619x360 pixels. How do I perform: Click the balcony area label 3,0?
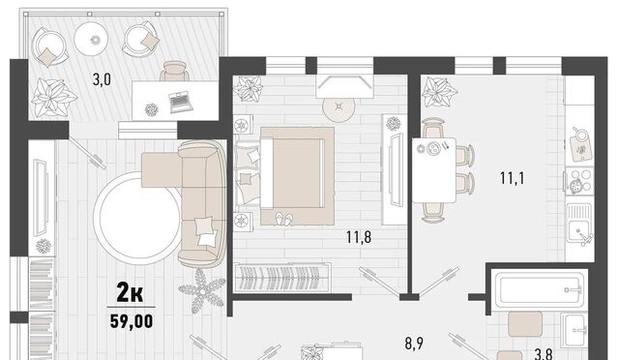[x=102, y=79]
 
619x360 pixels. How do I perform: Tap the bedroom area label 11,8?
[x=359, y=237]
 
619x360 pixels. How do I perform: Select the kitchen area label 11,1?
[x=512, y=178]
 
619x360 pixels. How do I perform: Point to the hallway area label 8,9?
[x=414, y=344]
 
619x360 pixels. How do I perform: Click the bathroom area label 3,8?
[x=543, y=354]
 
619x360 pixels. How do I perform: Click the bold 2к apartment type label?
[x=130, y=293]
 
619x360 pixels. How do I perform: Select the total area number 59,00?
[x=132, y=321]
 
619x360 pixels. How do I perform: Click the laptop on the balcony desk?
[x=181, y=103]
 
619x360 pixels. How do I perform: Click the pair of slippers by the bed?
[x=284, y=220]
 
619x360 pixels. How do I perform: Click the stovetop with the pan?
[x=579, y=181]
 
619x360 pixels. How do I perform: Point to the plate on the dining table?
[x=433, y=149]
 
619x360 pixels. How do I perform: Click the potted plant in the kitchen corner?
[x=438, y=93]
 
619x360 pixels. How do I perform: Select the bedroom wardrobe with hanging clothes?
[x=281, y=278]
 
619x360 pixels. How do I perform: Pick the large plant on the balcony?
[x=52, y=97]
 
